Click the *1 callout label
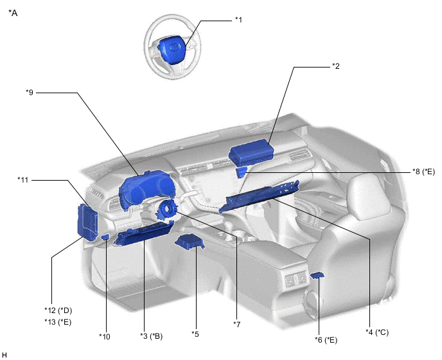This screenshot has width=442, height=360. [239, 20]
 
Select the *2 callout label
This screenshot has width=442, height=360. [336, 66]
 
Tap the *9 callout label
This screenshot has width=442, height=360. [30, 93]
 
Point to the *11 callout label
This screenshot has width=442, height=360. [23, 180]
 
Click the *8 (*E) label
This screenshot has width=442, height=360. [423, 172]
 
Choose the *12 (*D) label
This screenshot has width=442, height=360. [58, 310]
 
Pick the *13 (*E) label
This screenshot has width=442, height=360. [58, 322]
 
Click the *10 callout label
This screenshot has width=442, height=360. [105, 336]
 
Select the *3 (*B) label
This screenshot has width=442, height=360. [152, 336]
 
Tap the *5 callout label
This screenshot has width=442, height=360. [195, 334]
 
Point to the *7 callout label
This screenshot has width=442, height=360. [237, 325]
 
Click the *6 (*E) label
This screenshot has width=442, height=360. [326, 340]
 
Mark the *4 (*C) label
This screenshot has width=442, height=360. [377, 332]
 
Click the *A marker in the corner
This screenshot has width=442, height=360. [13, 13]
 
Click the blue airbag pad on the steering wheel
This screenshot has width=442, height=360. [172, 48]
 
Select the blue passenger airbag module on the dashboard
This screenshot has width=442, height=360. [251, 152]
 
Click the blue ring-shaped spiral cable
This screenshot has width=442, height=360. [167, 209]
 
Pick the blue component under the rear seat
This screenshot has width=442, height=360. [317, 275]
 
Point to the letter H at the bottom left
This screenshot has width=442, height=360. [4, 355]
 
